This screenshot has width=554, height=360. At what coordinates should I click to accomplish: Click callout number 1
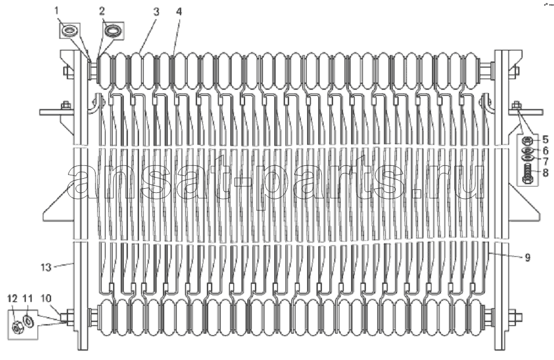pyautogui.click(x=56, y=11)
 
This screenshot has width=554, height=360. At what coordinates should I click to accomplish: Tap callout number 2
pyautogui.click(x=102, y=11)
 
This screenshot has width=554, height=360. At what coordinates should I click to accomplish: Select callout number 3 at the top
pyautogui.click(x=156, y=12)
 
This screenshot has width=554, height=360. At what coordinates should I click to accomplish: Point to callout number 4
pyautogui.click(x=179, y=12)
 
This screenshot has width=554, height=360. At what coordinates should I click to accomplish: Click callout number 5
pyautogui.click(x=545, y=139)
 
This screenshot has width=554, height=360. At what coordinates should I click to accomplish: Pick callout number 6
pyautogui.click(x=545, y=151)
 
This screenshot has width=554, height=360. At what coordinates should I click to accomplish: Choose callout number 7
pyautogui.click(x=545, y=161)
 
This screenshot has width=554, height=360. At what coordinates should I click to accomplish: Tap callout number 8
pyautogui.click(x=545, y=173)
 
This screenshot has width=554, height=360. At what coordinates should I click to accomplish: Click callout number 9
pyautogui.click(x=527, y=257)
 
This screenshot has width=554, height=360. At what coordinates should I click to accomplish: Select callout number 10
pyautogui.click(x=46, y=298)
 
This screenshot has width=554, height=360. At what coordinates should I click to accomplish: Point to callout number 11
pyautogui.click(x=28, y=298)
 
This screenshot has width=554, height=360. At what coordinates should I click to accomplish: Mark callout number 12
pyautogui.click(x=12, y=298)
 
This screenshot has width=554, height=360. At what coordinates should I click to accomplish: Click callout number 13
pyautogui.click(x=46, y=267)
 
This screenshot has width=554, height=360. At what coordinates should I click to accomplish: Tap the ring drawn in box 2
pyautogui.click(x=113, y=30)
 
